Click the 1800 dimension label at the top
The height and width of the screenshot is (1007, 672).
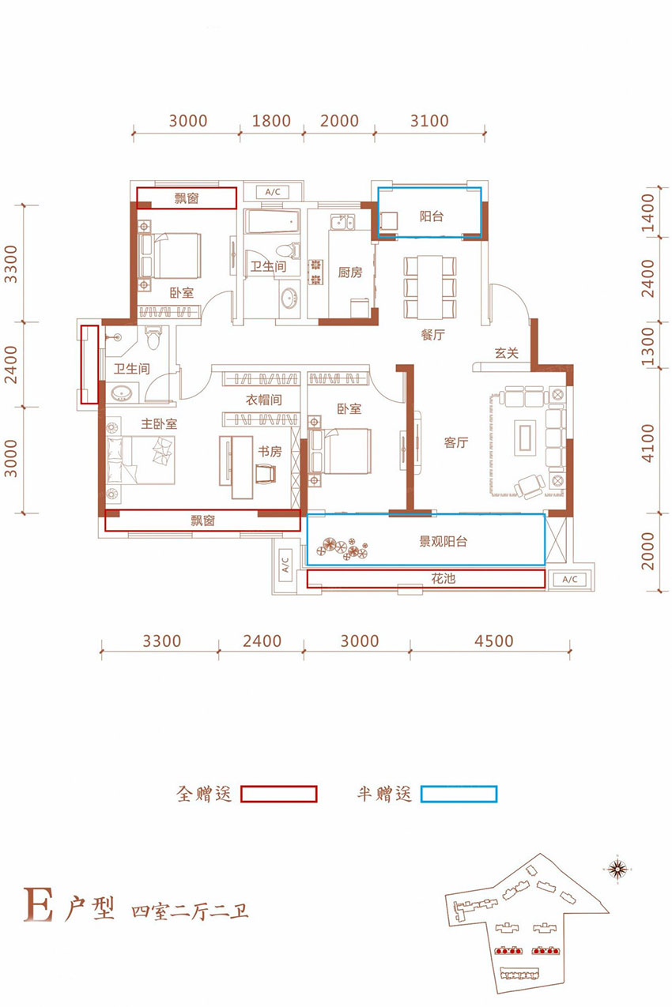tap(271, 121)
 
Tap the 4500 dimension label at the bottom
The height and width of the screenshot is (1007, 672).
tap(494, 641)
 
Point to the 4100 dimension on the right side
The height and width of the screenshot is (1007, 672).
tap(647, 442)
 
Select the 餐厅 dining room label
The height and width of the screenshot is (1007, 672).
tap(432, 334)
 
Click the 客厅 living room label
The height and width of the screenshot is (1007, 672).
tap(456, 443)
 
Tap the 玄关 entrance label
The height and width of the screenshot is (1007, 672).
tap(506, 353)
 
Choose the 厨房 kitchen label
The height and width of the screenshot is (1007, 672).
tap(349, 272)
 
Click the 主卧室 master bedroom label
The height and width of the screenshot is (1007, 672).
tap(159, 423)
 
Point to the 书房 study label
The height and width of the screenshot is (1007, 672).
tap(270, 451)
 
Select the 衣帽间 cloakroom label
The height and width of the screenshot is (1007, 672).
tap(264, 399)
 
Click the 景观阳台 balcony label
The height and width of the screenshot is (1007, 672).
tap(443, 541)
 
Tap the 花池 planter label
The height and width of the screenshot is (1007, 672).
tap(444, 578)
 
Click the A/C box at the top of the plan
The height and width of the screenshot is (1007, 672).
tap(273, 192)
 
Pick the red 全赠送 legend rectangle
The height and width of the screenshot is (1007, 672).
tap(278, 794)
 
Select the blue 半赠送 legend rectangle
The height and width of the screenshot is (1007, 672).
tap(459, 794)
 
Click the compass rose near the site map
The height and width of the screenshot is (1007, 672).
tap(617, 869)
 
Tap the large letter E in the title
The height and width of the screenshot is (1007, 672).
tap(38, 904)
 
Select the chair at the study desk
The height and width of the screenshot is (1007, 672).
tap(266, 473)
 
